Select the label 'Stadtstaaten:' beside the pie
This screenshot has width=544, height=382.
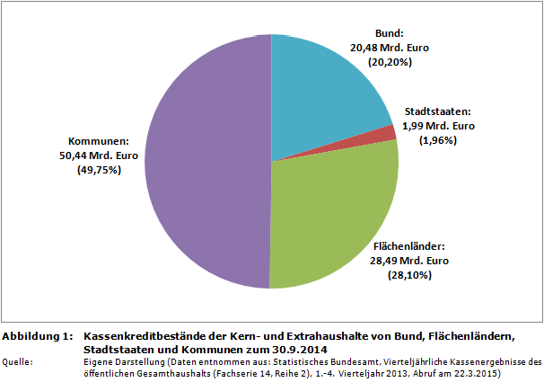coord(438,111)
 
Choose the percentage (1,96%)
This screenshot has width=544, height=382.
coord(438,140)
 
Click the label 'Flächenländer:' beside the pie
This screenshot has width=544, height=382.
coord(408,245)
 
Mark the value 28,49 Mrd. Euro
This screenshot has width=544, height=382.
coord(408,261)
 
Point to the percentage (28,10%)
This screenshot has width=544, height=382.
coord(408,275)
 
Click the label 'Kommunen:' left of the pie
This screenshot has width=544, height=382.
coord(99,141)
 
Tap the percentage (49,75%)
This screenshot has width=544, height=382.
coord(99,171)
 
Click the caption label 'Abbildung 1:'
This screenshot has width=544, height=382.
coord(37,336)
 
